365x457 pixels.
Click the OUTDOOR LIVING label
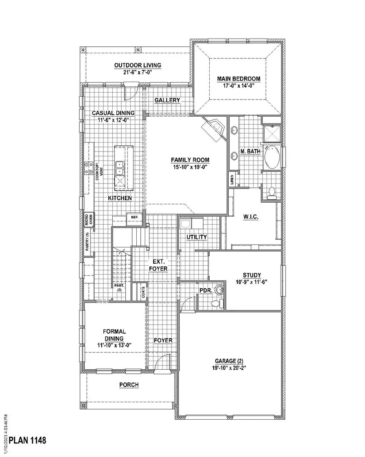click(x=137, y=65)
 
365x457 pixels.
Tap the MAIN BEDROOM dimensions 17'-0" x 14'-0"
click(x=238, y=87)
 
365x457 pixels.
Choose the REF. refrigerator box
click(x=134, y=217)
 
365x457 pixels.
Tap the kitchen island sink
click(x=120, y=168)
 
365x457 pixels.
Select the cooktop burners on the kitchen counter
click(x=89, y=168)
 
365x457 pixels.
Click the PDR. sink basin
click(x=219, y=290)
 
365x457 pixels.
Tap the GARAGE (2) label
click(x=230, y=361)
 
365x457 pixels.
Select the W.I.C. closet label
click(x=251, y=217)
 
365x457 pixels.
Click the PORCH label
click(x=129, y=385)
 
